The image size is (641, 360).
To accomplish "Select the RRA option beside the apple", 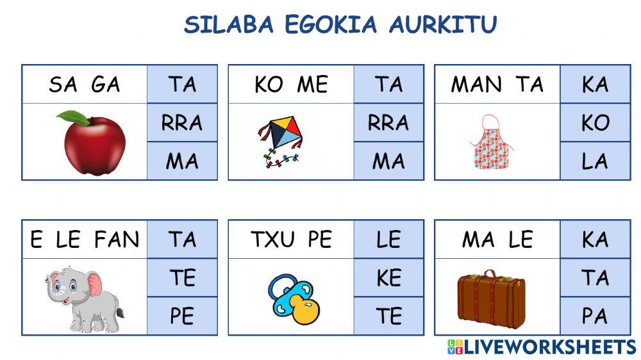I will pyautogui.click(x=182, y=122).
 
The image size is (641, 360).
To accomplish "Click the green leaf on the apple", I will pyautogui.click(x=73, y=118).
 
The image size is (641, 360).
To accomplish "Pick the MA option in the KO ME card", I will pyautogui.click(x=388, y=161).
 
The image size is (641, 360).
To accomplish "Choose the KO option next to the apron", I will pyautogui.click(x=595, y=122).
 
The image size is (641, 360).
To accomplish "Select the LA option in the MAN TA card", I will pyautogui.click(x=595, y=161).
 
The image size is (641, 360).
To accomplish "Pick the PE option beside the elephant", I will pyautogui.click(x=182, y=316).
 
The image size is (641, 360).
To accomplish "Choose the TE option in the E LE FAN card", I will pyautogui.click(x=182, y=277).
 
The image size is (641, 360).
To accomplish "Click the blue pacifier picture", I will pyautogui.click(x=293, y=297).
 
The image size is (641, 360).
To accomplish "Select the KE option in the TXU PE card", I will pyautogui.click(x=388, y=277).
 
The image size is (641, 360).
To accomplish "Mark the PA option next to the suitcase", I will pyautogui.click(x=595, y=316).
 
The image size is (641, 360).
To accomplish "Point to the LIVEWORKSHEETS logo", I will pyautogui.click(x=542, y=347).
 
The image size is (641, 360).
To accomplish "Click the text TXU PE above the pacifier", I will pyautogui.click(x=291, y=240).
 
